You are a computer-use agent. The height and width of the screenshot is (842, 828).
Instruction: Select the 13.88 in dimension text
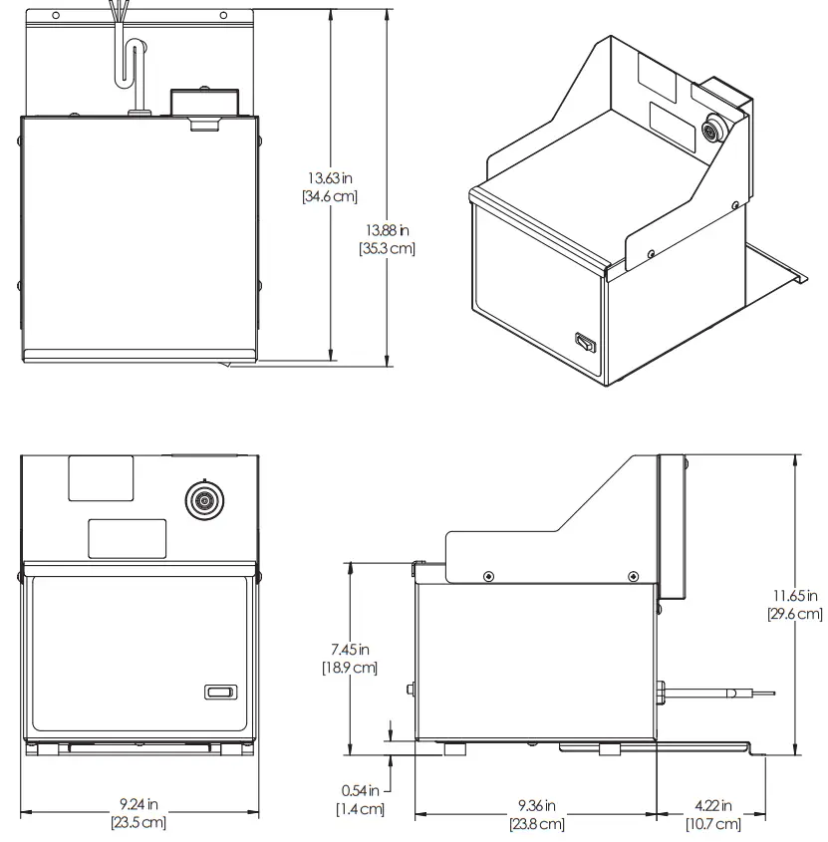pyautogui.click(x=387, y=230)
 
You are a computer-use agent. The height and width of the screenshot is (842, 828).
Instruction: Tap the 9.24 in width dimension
pyautogui.click(x=138, y=804)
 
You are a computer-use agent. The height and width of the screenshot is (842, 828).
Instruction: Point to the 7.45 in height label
pyautogui.click(x=350, y=650)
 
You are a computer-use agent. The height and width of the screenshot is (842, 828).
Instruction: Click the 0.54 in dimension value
pyautogui.click(x=360, y=791)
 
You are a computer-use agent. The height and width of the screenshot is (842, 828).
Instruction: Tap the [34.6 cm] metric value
pyautogui.click(x=330, y=196)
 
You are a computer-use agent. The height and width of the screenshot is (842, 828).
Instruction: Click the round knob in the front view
pyautogui.click(x=206, y=499)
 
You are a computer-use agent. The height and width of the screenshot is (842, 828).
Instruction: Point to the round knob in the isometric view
pyautogui.click(x=713, y=129)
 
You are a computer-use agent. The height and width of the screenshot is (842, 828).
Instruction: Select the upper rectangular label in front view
pyautogui.click(x=101, y=477)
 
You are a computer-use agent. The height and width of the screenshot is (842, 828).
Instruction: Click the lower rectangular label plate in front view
pyautogui.click(x=128, y=538)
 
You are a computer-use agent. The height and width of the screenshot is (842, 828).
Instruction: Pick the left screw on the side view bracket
pyautogui.click(x=487, y=576)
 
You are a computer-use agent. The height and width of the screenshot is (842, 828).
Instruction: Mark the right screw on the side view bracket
pyautogui.click(x=634, y=576)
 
